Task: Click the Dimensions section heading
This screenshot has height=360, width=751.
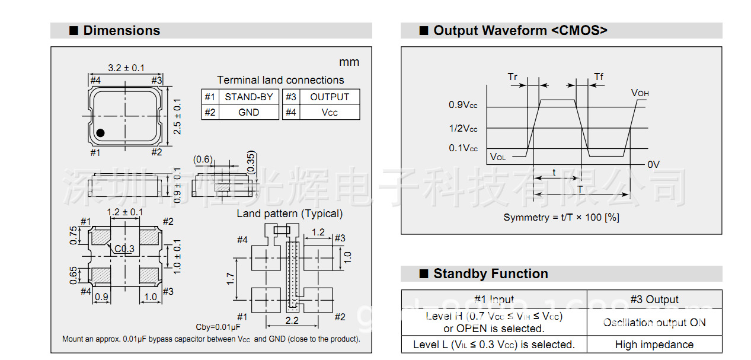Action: [122, 31]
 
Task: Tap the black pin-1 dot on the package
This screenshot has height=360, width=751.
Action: [101, 133]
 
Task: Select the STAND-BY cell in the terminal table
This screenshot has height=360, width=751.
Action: [248, 97]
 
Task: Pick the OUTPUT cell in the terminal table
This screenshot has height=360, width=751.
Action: [330, 97]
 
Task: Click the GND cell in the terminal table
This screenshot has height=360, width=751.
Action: [248, 112]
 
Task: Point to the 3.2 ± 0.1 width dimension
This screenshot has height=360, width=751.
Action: [126, 68]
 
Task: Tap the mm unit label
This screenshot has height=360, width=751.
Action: [349, 62]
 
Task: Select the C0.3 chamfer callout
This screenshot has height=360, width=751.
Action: [124, 249]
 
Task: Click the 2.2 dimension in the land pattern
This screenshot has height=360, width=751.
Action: [292, 320]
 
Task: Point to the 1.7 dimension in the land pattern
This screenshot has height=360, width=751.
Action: [230, 279]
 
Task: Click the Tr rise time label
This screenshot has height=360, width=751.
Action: [513, 77]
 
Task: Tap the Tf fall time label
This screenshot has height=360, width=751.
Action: [599, 77]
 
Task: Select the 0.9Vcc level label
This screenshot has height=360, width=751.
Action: [463, 106]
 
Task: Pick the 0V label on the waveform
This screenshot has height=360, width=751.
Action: [653, 165]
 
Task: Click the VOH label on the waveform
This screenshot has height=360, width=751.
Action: [640, 93]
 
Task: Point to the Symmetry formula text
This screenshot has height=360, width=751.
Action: [561, 218]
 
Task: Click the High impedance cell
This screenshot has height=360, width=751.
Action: [654, 345]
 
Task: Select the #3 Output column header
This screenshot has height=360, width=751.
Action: [654, 300]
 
